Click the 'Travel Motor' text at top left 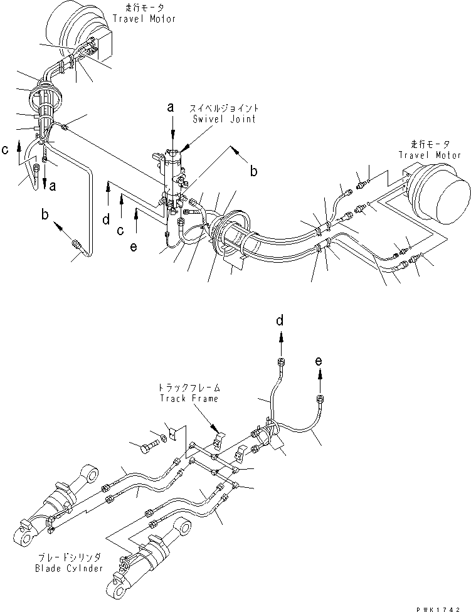pyautogui.click(x=144, y=19)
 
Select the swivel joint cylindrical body pyautogui.click(x=172, y=182)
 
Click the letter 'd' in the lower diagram pyautogui.click(x=280, y=321)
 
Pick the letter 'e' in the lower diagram pyautogui.click(x=320, y=361)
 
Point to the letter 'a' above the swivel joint pyautogui.click(x=171, y=108)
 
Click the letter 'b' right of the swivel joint pyautogui.click(x=253, y=171)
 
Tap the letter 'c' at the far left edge pyautogui.click(x=6, y=150)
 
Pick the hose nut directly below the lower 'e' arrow pyautogui.click(x=320, y=399)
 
